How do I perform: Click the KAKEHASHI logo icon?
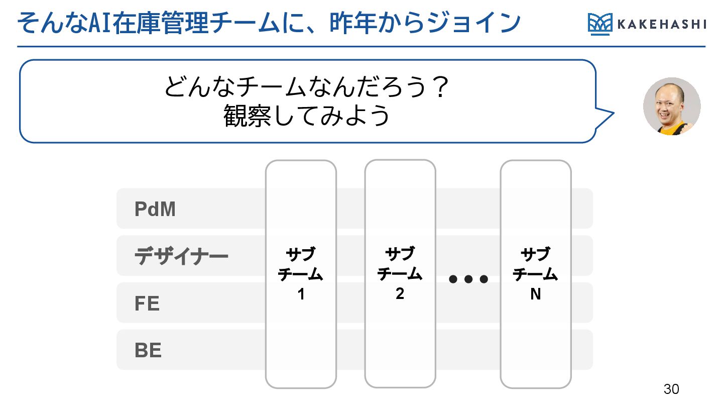[599, 25]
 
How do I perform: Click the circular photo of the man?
[672, 107]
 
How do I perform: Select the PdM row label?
[155, 209]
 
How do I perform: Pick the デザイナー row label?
[181, 257]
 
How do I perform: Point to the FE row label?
[147, 303]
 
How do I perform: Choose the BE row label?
[148, 350]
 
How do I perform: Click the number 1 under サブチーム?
[301, 294]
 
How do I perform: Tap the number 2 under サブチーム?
[400, 294]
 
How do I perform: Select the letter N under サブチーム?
[536, 294]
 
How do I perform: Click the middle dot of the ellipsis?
[468, 279]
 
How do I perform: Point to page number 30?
[671, 389]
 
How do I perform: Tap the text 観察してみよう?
[307, 116]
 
